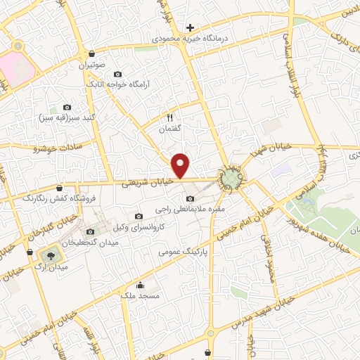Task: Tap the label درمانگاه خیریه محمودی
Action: click(189, 39)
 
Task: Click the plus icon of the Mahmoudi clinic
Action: click(190, 28)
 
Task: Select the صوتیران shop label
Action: click(91, 64)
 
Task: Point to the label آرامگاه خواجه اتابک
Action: click(118, 84)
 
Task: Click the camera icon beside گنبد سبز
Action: click(67, 106)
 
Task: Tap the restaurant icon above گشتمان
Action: click(169, 117)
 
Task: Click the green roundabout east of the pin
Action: click(230, 180)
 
